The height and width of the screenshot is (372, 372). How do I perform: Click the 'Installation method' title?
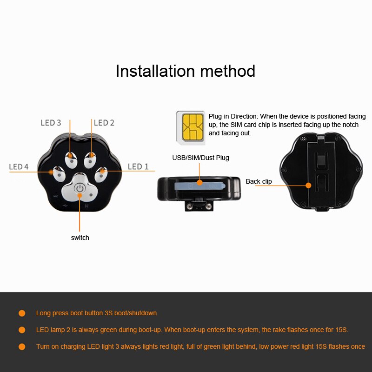tap(185, 71)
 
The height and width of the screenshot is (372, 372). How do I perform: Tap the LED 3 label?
tap(51, 123)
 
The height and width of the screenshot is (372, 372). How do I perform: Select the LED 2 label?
tap(104, 123)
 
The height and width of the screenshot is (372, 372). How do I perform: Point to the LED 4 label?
tap(19, 166)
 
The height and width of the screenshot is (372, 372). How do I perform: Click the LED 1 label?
tap(138, 166)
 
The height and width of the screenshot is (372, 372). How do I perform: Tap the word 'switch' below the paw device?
tap(80, 238)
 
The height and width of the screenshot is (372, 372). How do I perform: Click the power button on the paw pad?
tap(80, 189)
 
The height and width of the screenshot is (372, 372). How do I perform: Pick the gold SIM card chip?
tap(193, 127)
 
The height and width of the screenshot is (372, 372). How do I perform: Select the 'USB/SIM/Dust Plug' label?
tap(201, 158)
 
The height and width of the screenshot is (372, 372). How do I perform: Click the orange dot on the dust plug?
tap(200, 182)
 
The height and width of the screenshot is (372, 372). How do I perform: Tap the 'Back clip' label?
tap(259, 181)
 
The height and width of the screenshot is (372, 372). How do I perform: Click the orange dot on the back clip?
tap(308, 185)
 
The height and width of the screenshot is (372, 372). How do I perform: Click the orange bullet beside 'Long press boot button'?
tap(22, 313)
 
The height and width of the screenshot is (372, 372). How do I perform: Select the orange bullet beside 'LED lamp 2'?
tap(22, 330)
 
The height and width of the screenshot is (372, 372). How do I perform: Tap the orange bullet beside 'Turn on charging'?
tap(22, 347)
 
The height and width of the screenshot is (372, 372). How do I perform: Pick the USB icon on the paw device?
tap(65, 206)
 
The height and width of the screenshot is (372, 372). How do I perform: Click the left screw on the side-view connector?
tap(190, 206)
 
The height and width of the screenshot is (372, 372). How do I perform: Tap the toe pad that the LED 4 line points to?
tap(59, 174)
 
